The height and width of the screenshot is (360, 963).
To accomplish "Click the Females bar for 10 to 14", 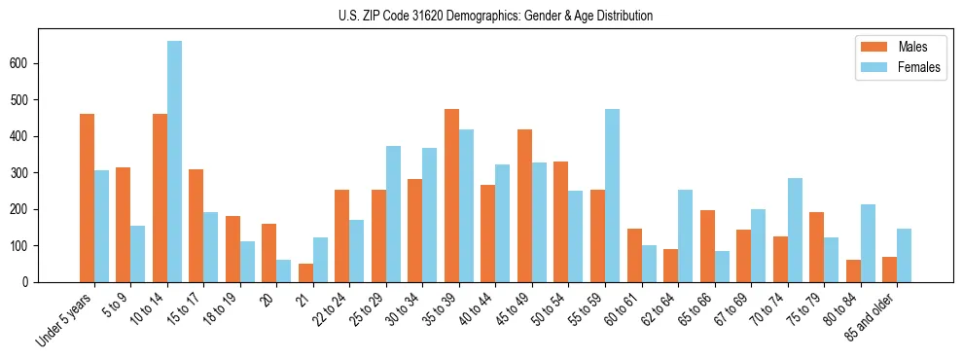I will [x=174, y=162].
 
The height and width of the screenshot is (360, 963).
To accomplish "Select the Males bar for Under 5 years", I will [x=88, y=198].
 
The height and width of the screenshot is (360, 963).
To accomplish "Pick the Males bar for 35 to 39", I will [x=451, y=196].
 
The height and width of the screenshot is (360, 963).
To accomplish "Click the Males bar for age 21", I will [x=305, y=272].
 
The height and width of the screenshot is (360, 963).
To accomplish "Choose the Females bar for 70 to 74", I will [x=795, y=230].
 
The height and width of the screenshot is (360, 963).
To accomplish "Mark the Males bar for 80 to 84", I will [x=853, y=270].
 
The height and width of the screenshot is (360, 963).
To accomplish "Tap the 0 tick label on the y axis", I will [x=32, y=282].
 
